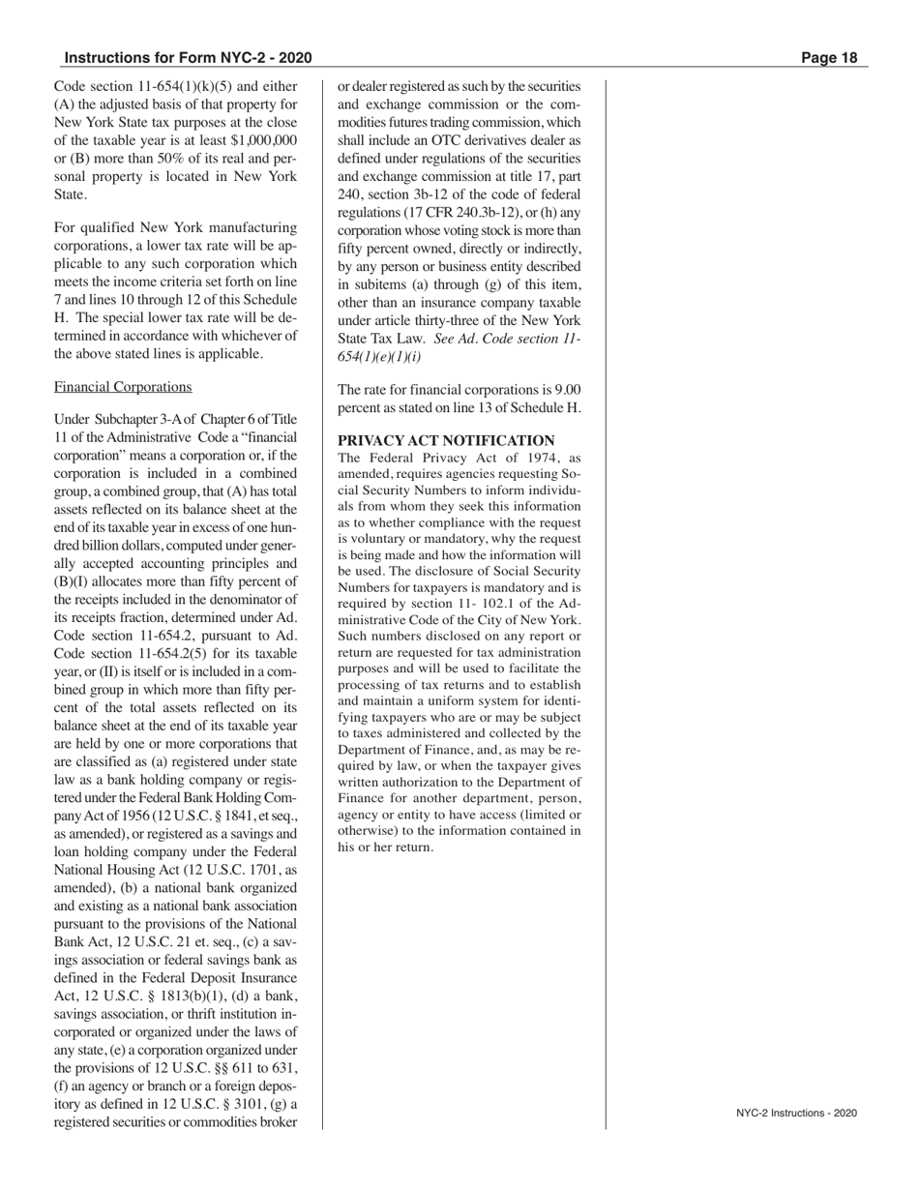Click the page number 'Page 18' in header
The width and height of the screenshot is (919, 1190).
[x=829, y=58]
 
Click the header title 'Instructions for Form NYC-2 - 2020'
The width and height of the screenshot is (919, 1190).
[x=188, y=58]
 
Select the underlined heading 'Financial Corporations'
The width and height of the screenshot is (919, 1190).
[x=123, y=387]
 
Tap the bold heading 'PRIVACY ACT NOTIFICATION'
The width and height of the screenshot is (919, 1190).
[x=446, y=440]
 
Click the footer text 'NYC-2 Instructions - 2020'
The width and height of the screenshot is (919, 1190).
[x=796, y=1114]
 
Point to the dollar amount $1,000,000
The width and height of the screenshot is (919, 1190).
[x=262, y=140]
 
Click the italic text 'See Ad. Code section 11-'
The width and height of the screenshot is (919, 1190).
[x=509, y=339]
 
